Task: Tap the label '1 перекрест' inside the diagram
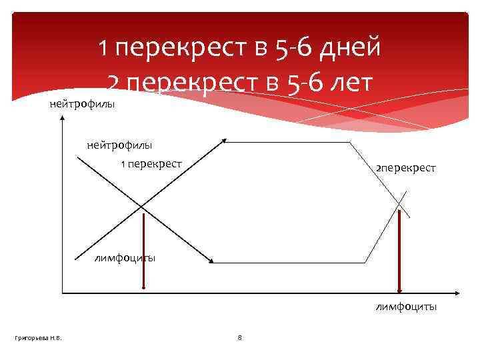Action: (x=151, y=163)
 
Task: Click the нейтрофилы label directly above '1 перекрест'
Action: (x=119, y=145)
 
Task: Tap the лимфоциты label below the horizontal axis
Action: (x=406, y=307)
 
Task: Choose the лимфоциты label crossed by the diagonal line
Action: (x=125, y=258)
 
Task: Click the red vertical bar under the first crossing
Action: (x=143, y=251)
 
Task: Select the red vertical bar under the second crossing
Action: (x=399, y=251)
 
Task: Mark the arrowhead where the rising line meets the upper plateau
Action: (x=225, y=141)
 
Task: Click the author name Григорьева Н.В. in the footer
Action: (x=39, y=338)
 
